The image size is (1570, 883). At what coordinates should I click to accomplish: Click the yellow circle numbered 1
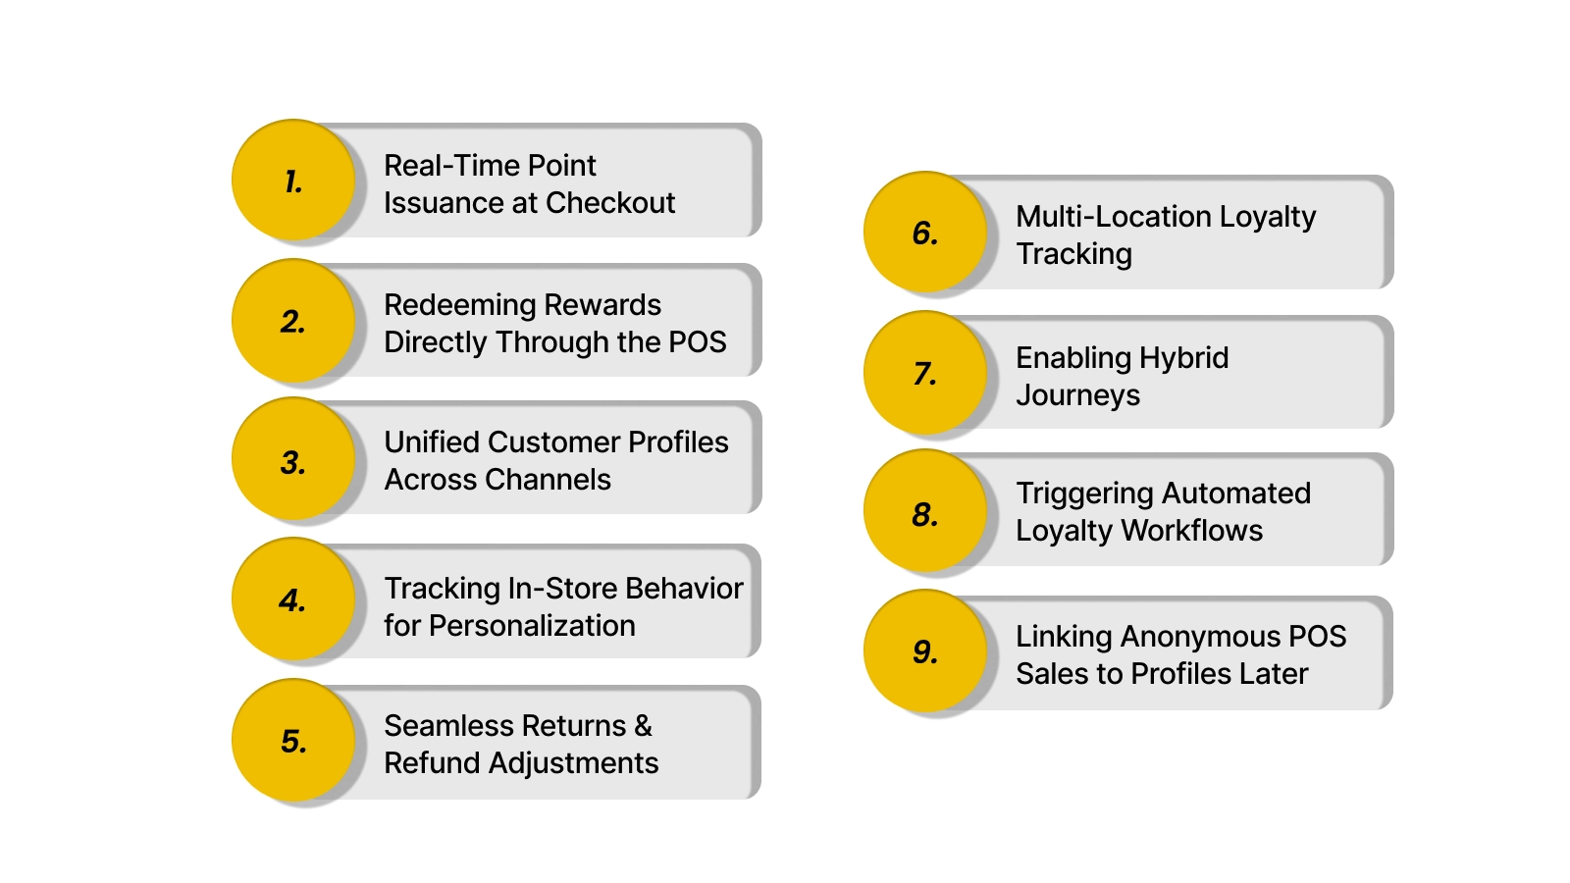click(293, 181)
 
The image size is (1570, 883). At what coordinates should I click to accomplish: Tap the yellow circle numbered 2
click(293, 320)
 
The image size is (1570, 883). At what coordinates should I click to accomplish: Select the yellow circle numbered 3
click(293, 459)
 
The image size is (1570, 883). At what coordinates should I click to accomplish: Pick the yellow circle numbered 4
click(293, 598)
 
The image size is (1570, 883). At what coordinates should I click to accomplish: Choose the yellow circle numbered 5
click(293, 740)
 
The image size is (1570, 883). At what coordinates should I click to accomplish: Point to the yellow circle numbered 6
click(925, 233)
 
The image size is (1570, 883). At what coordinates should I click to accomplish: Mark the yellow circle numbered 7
click(925, 373)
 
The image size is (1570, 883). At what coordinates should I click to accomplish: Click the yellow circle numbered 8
click(925, 512)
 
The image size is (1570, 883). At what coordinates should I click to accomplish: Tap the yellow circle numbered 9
click(925, 650)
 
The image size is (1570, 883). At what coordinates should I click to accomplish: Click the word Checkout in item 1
click(610, 203)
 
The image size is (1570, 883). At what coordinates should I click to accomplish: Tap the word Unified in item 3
click(432, 442)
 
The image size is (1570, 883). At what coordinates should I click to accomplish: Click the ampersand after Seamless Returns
click(643, 726)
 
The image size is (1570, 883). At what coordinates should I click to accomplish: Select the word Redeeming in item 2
click(459, 305)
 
